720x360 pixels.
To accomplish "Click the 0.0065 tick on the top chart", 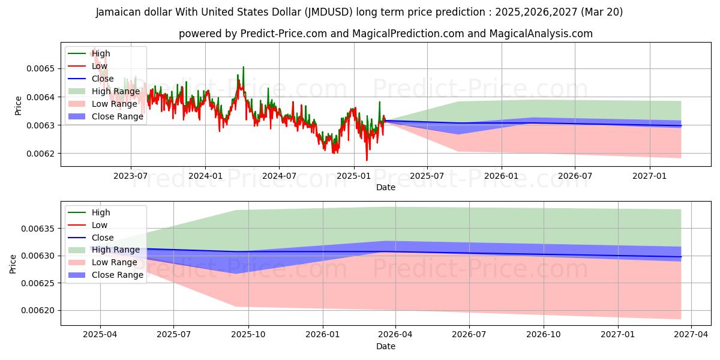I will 40,68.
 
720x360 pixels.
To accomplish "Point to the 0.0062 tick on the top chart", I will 40,154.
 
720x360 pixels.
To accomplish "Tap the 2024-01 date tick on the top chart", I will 205,175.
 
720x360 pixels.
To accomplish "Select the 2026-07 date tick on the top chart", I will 575,175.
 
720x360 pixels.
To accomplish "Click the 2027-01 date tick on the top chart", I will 650,175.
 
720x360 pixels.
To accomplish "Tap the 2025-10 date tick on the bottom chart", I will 248,334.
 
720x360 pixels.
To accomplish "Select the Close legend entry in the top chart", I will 103,79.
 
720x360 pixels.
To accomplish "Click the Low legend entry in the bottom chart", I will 100,225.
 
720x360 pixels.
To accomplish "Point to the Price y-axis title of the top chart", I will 18,105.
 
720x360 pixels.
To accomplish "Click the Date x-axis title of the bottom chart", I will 386,346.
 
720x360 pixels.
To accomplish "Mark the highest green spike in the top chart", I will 243,67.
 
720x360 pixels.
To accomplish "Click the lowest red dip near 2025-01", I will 367,160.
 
